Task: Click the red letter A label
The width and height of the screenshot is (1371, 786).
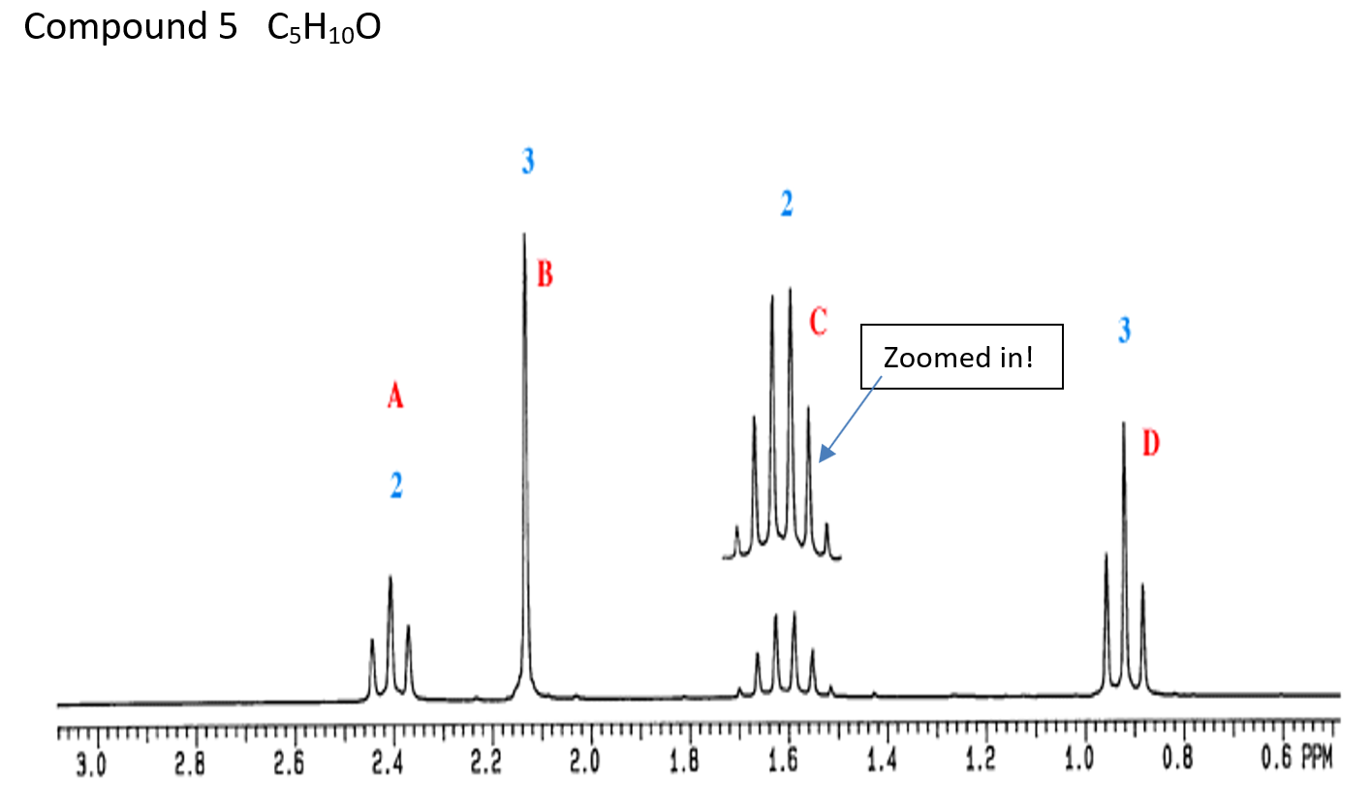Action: click(x=394, y=396)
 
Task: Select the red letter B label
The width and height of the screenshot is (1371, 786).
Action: click(x=545, y=275)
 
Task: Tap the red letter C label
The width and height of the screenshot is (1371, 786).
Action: click(x=818, y=321)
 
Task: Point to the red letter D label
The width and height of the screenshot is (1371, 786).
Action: click(x=1150, y=444)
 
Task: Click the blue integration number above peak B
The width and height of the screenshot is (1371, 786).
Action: click(x=527, y=161)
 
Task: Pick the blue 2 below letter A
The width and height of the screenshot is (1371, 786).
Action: click(x=396, y=485)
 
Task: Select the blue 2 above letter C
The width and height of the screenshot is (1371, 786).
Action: click(x=786, y=204)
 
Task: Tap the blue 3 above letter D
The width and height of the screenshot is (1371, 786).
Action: click(x=1123, y=330)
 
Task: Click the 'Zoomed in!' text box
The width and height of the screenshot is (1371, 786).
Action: click(x=962, y=358)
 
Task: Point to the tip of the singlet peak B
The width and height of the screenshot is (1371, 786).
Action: click(x=524, y=235)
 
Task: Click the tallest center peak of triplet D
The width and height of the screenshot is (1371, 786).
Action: click(x=1124, y=424)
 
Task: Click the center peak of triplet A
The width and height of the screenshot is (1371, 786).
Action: click(x=390, y=578)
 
